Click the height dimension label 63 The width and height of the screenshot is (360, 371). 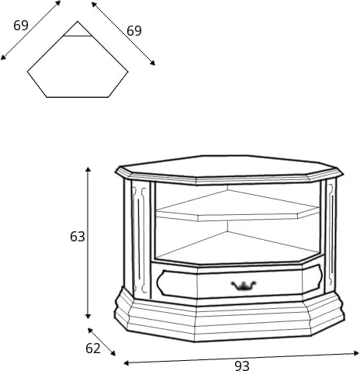78,237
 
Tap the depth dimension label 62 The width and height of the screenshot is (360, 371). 93,348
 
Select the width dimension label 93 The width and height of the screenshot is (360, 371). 242,366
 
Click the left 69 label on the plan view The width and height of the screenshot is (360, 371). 21,26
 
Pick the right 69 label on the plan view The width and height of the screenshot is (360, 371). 134,31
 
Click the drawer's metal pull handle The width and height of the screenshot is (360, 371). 244,285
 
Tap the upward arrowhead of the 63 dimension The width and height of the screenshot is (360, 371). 88,169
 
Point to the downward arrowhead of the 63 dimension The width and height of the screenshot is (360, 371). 88,316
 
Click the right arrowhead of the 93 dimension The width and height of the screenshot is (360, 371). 356,353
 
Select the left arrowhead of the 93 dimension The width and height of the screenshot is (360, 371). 126,363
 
